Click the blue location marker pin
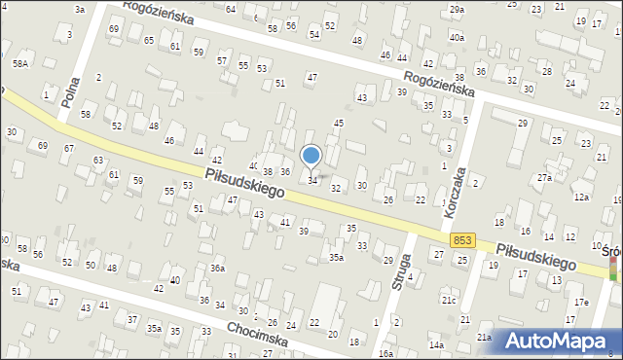pyautogui.click(x=311, y=156)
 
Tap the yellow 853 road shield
pyautogui.click(x=463, y=239)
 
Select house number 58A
pyautogui.click(x=20, y=63)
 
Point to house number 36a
pyautogui.click(x=218, y=269)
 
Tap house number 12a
pyautogui.click(x=581, y=198)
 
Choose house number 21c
pyautogui.click(x=448, y=300)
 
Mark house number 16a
pyautogui.click(x=386, y=353)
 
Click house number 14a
pyautogui.click(x=437, y=345)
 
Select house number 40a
pyautogui.click(x=456, y=36)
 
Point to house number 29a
pyautogui.click(x=457, y=9)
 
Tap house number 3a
pyautogui.click(x=80, y=9)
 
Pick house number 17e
pyautogui.click(x=581, y=303)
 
